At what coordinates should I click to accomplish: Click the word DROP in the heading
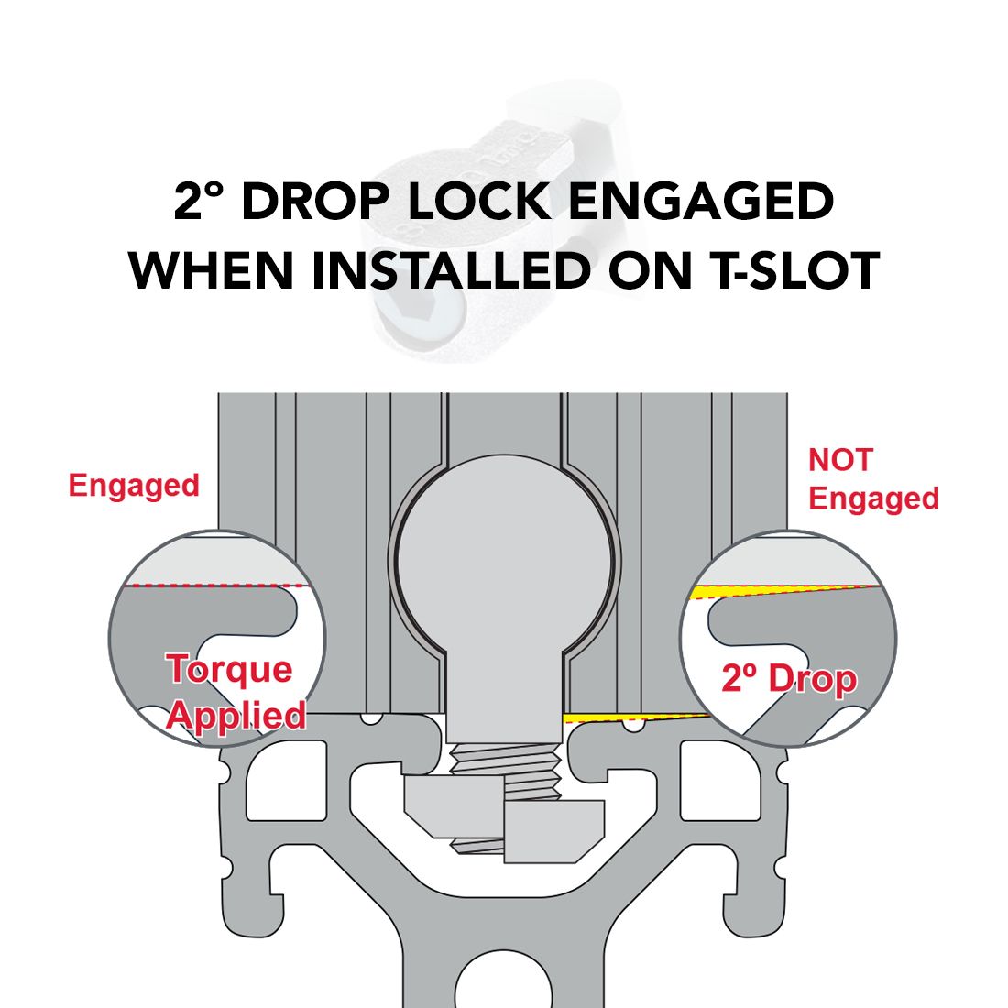tap(315, 202)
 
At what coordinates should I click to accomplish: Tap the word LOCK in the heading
tap(479, 202)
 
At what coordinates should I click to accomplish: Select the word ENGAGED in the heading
tap(701, 202)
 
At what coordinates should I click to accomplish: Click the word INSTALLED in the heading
tap(451, 270)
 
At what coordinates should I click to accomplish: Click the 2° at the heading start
tap(198, 202)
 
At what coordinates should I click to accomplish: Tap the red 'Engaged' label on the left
tap(134, 487)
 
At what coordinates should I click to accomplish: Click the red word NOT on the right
tap(840, 460)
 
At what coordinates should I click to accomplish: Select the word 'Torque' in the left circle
tap(229, 669)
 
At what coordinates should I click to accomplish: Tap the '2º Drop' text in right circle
tap(789, 679)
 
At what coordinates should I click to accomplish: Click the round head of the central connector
tap(505, 557)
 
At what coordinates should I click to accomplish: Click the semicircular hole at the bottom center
tap(504, 981)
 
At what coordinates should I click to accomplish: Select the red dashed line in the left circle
tap(216, 586)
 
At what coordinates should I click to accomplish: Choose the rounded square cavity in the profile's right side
tap(720, 781)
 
